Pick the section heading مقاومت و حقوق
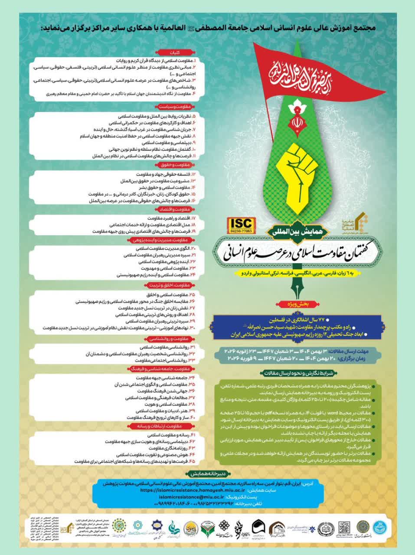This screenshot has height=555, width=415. click(x=175, y=165)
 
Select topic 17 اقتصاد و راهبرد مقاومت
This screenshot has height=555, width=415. click(x=169, y=218)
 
